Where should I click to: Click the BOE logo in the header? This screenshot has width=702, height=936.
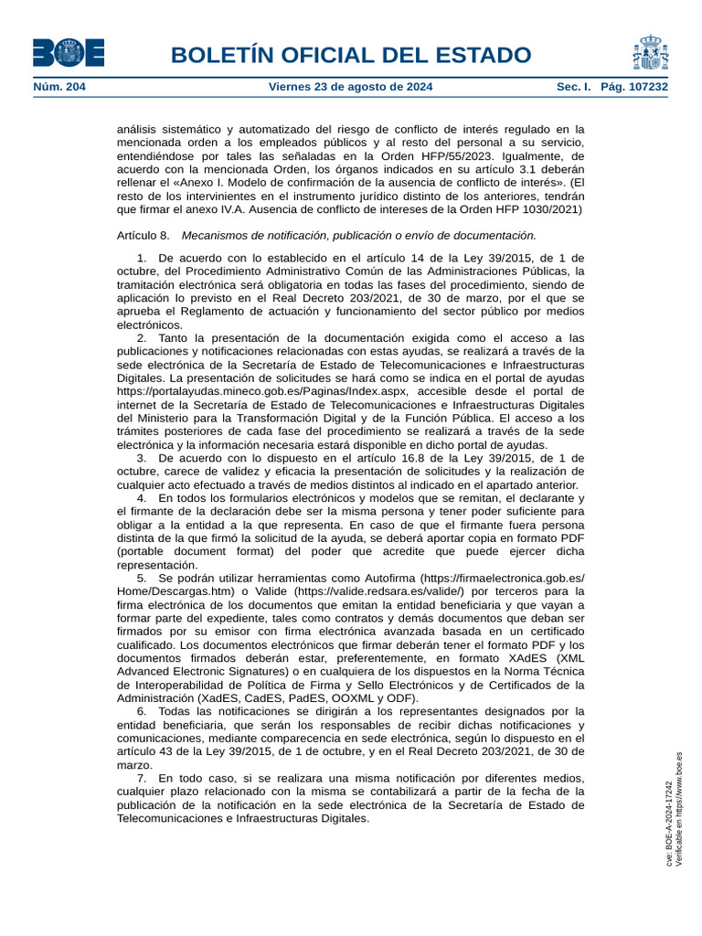68,53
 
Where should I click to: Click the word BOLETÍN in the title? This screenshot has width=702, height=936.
219,56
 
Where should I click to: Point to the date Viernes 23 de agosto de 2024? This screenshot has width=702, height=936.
351,88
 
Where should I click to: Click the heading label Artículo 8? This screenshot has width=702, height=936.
144,236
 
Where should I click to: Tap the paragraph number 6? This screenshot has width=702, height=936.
142,711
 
